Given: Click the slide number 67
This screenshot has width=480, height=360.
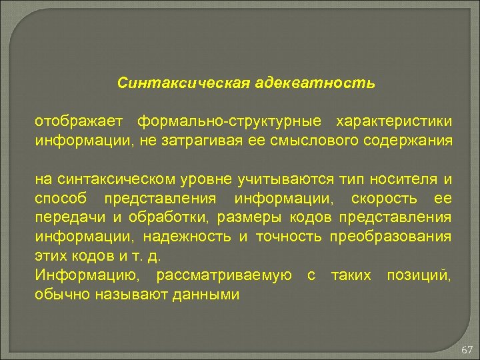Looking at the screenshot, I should [466, 349].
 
